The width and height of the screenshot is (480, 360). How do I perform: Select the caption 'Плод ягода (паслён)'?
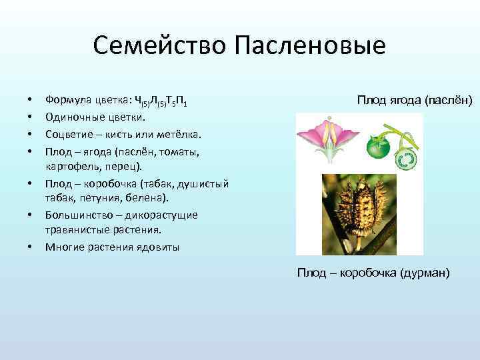[x=414, y=100]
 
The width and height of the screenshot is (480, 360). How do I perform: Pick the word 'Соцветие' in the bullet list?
[x=69, y=135]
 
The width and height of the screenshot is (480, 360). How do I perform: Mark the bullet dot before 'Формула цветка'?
[x=31, y=102]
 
